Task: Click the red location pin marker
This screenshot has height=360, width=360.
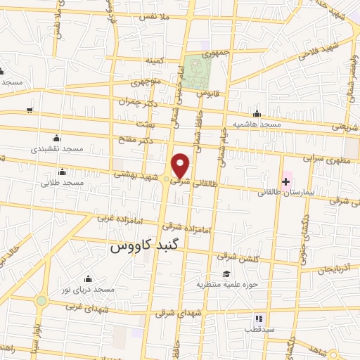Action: coord(181,165)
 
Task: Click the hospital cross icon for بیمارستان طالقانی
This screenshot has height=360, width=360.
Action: coord(286,181)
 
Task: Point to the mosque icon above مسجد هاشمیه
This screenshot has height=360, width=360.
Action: coord(257,114)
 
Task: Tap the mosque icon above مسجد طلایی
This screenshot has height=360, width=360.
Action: coord(63,172)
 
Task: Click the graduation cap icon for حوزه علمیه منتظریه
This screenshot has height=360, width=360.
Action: coord(226,274)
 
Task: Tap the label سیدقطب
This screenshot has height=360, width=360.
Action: coord(259,329)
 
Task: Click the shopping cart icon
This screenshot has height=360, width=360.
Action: coord(29,110)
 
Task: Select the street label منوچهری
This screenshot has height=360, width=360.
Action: coord(148,83)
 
